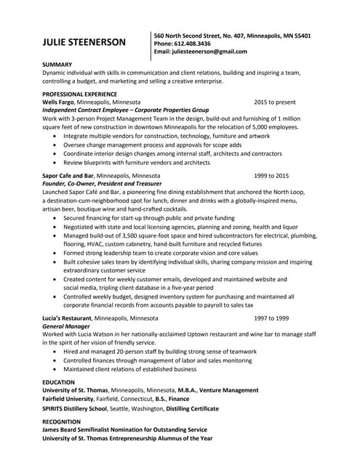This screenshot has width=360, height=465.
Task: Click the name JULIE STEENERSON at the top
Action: [x=84, y=42]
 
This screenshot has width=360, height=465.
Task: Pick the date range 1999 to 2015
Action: [x=271, y=177]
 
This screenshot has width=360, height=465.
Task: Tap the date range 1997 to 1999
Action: [x=271, y=318]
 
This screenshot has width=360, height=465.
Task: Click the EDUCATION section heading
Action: [x=58, y=381]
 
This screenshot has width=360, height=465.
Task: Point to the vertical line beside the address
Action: [x=151, y=45]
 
